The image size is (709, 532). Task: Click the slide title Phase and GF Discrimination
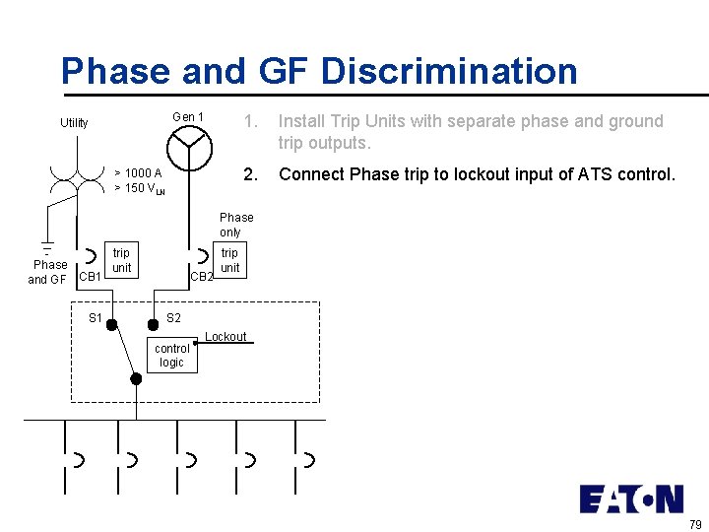coord(319,71)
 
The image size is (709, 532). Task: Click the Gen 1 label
coord(188,117)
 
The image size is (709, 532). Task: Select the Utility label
coord(74,123)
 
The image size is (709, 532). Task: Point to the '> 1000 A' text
coord(139,173)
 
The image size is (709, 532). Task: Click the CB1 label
coord(90,277)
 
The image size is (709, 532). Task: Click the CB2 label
coord(202,277)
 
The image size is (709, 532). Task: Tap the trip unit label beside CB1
coord(121,261)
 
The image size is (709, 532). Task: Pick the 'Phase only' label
coord(236,225)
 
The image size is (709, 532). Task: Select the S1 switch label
coord(96,317)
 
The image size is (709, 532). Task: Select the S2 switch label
coord(173,317)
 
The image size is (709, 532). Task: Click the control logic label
coord(172,356)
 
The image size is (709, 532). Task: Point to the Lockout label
coord(226,337)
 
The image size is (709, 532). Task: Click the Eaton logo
coord(631,499)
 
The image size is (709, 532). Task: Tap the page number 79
coord(695,523)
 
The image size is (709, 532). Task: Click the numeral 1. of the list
coord(251,121)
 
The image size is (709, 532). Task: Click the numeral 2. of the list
coord(251,174)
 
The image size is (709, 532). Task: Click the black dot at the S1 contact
coord(111,323)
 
